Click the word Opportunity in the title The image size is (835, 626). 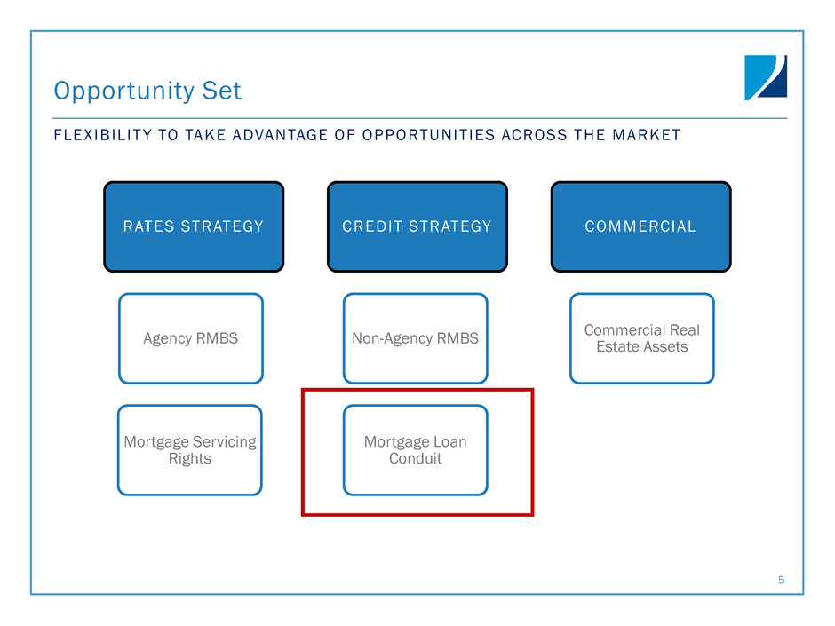click(x=124, y=91)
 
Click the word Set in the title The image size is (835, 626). click(x=221, y=91)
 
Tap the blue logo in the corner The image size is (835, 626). click(x=766, y=78)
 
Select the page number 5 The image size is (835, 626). click(x=781, y=580)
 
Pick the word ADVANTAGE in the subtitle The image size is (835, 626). click(x=280, y=135)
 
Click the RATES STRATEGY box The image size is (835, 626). click(x=194, y=226)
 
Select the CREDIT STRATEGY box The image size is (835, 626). click(x=417, y=226)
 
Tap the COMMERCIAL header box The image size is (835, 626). click(x=641, y=226)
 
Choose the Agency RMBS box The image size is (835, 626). click(x=191, y=338)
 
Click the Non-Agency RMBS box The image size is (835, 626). click(x=416, y=338)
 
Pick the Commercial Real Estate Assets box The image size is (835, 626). click(x=642, y=338)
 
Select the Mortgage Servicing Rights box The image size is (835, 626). click(x=190, y=450)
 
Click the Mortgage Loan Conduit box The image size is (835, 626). click(x=416, y=450)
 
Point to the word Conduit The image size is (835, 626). click(x=416, y=458)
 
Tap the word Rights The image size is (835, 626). click(x=189, y=459)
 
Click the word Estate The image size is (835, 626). click(x=617, y=346)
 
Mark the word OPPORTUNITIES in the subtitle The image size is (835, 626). click(x=428, y=135)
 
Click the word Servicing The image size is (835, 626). click(x=224, y=442)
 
